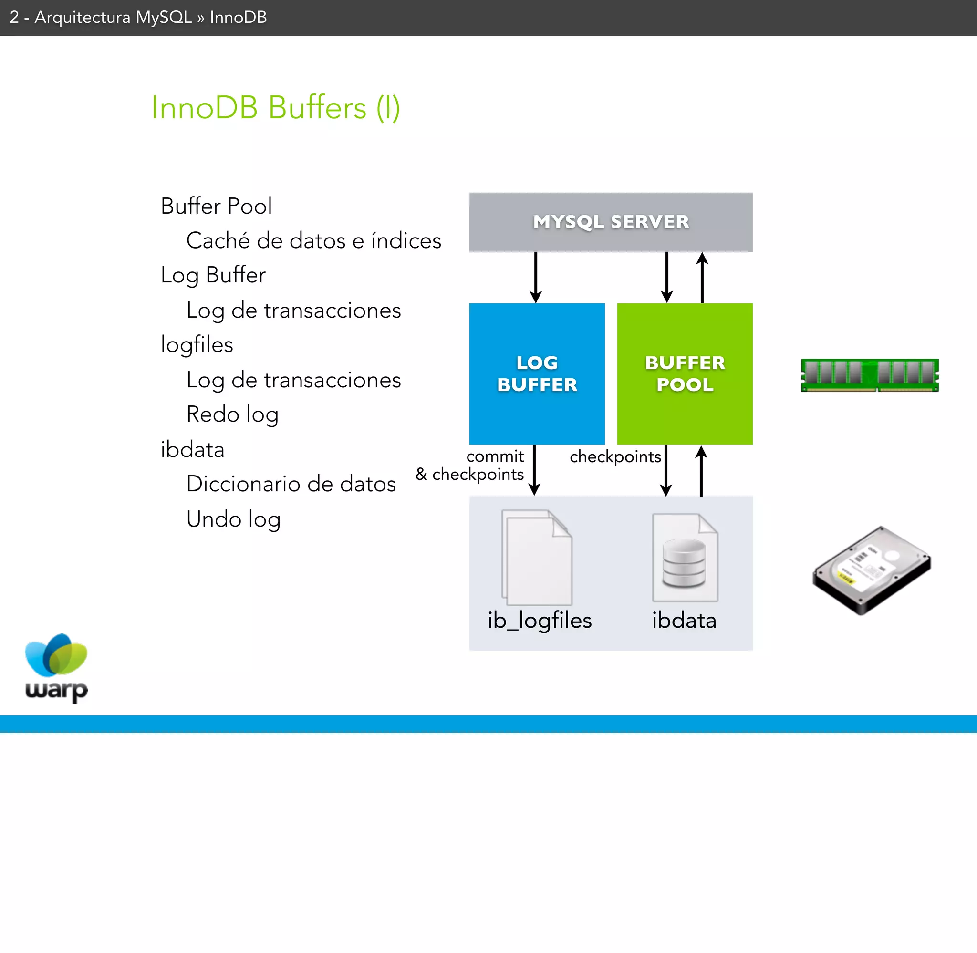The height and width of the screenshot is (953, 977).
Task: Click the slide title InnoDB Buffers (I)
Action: pos(275,108)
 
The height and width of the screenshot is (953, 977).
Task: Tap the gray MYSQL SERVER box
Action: pos(611,222)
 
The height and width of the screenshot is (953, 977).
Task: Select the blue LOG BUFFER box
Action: pos(537,373)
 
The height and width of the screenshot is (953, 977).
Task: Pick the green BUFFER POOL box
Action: pos(684,373)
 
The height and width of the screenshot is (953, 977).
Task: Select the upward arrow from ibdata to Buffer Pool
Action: pos(701,470)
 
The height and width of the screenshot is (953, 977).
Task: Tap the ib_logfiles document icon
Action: pos(537,558)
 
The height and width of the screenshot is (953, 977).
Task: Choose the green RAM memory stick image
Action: pos(869,375)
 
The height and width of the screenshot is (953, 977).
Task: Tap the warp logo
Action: pos(56,668)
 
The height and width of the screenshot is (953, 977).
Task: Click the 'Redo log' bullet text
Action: pos(232,414)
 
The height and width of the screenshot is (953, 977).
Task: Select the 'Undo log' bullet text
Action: pos(233,519)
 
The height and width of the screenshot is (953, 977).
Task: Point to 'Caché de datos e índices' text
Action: pos(313,241)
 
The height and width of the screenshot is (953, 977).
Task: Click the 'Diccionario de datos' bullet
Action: pos(291,484)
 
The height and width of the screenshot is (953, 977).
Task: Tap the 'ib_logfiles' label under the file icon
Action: pos(540,621)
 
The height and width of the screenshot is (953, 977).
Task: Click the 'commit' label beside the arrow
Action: pos(495,456)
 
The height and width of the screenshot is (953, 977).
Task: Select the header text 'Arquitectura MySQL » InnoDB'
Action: pos(150,18)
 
